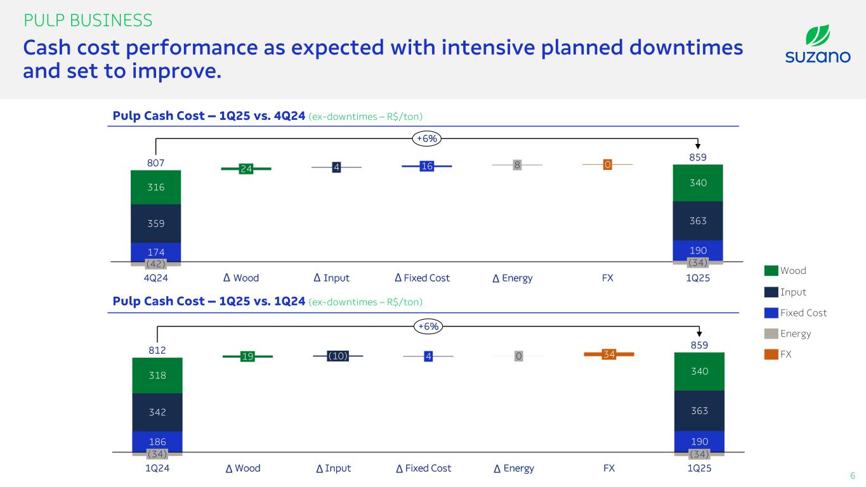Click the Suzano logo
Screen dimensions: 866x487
[x=818, y=44]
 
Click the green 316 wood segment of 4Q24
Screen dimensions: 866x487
[x=156, y=187]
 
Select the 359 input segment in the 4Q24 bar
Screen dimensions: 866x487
[x=156, y=223]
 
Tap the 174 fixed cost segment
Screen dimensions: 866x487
[x=156, y=252]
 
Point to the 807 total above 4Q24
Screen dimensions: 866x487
[x=156, y=163]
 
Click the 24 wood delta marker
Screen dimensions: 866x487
[x=246, y=169]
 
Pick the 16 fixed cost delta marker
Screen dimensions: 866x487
[x=427, y=166]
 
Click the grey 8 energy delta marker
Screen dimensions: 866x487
[x=517, y=165]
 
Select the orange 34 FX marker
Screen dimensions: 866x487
[x=609, y=354]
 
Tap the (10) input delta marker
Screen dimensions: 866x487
[x=338, y=356]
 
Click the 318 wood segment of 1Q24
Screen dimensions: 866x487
[x=157, y=375]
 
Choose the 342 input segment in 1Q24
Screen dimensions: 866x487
[x=157, y=412]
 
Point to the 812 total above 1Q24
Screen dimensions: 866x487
[x=157, y=350]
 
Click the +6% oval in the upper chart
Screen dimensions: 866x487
[x=427, y=138]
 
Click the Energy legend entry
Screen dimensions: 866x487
[x=787, y=334]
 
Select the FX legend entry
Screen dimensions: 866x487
[x=778, y=354]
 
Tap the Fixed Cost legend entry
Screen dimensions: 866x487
[x=795, y=313]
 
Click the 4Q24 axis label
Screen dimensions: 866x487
[x=156, y=278]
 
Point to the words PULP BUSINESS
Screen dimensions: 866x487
[x=88, y=20]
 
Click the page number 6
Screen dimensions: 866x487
[x=853, y=476]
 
